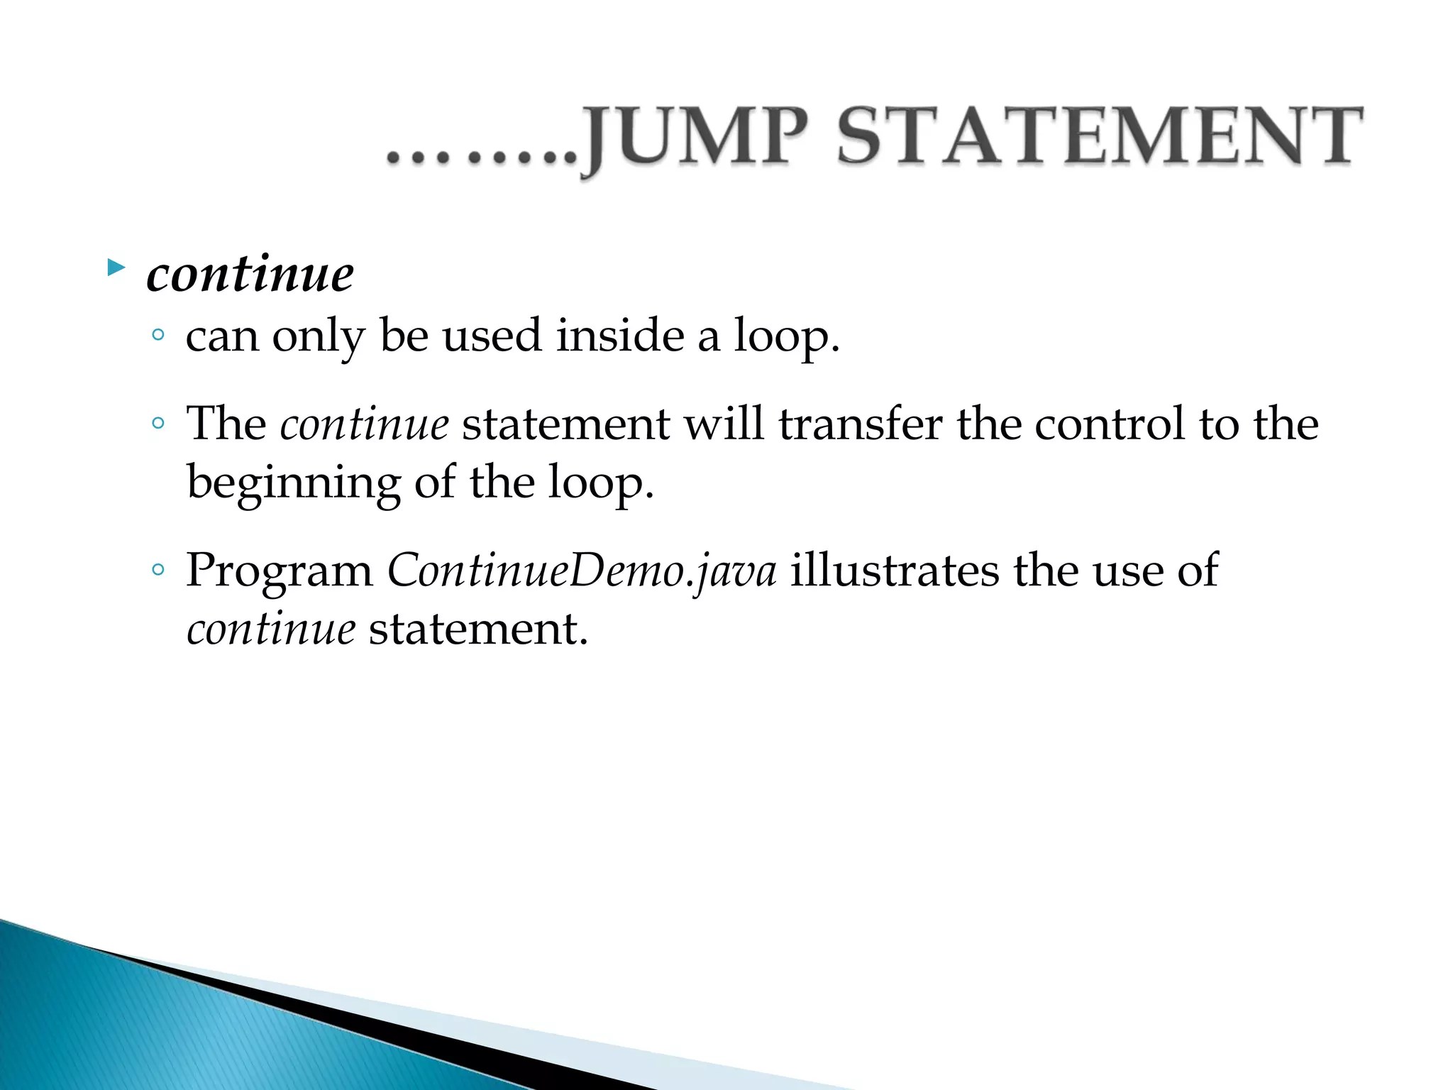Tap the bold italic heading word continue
point(250,275)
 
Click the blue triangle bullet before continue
point(116,268)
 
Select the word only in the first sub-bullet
point(317,336)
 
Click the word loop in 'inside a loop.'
point(785,336)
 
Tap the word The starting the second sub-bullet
point(226,424)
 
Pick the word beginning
point(293,484)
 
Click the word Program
point(279,572)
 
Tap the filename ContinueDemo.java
point(582,572)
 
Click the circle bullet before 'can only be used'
point(158,335)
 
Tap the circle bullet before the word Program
point(158,570)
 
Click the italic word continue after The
point(364,424)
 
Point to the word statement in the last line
point(478,630)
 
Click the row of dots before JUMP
point(482,157)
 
